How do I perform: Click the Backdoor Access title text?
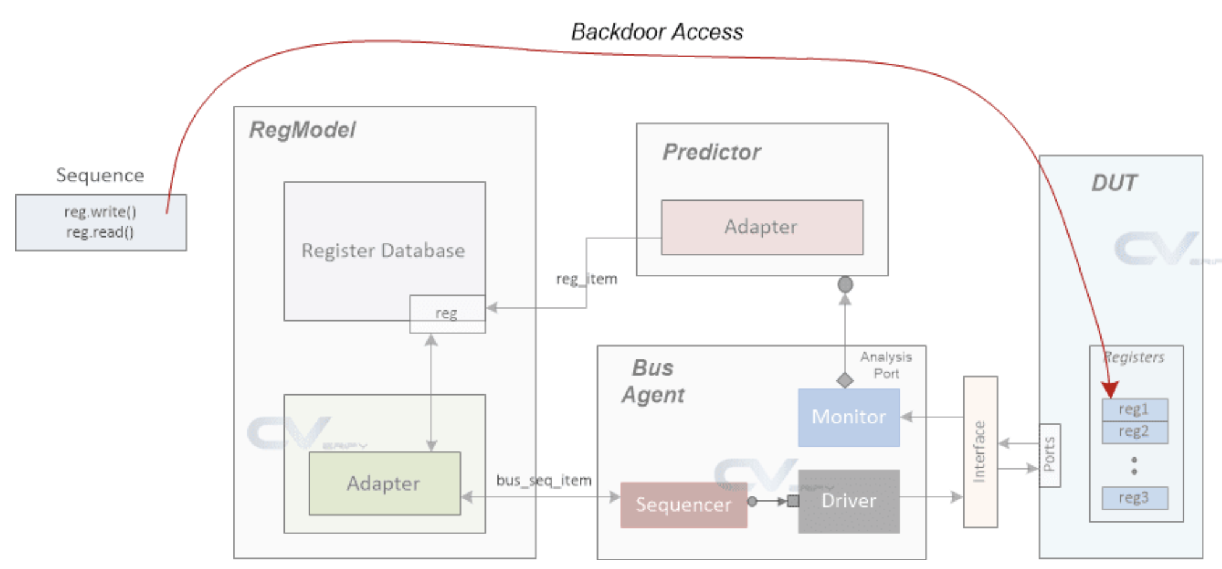click(657, 32)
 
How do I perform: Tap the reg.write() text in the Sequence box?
click(100, 212)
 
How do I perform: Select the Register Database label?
click(383, 251)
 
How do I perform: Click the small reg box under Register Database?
click(447, 314)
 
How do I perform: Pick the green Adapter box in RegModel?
click(384, 483)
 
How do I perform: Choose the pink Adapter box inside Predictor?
click(762, 227)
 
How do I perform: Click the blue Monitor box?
click(849, 417)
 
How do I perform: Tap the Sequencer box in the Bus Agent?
click(683, 505)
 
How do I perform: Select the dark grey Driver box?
click(849, 501)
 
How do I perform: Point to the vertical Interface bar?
click(980, 452)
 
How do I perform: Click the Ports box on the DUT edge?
click(1049, 455)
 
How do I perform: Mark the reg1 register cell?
click(1134, 409)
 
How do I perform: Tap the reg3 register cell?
click(1134, 498)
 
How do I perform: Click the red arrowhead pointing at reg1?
click(1110, 389)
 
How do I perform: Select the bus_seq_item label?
click(544, 480)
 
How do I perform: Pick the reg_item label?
click(586, 279)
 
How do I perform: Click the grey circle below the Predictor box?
click(845, 284)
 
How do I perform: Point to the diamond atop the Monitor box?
click(845, 380)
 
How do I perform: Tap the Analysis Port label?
click(886, 365)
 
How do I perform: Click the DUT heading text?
click(1114, 183)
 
